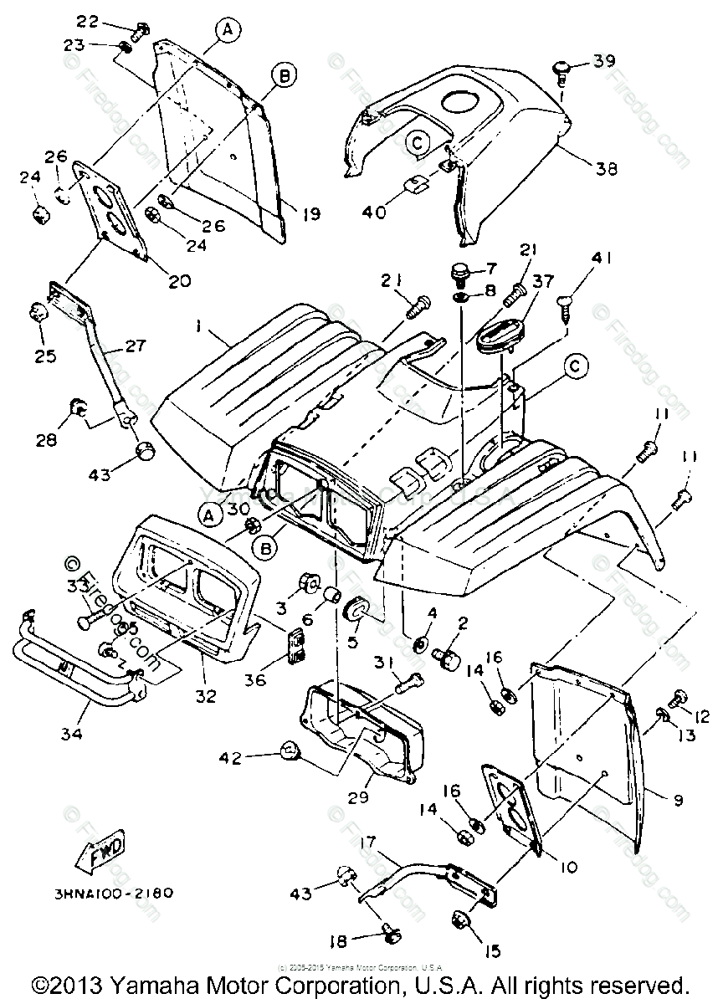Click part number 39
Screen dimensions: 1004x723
(604, 61)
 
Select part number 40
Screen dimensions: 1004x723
(374, 212)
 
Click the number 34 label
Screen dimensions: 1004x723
(72, 735)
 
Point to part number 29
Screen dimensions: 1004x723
(358, 797)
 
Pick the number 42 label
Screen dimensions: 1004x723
(230, 758)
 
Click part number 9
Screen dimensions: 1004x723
(676, 800)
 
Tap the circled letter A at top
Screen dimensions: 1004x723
(226, 29)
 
